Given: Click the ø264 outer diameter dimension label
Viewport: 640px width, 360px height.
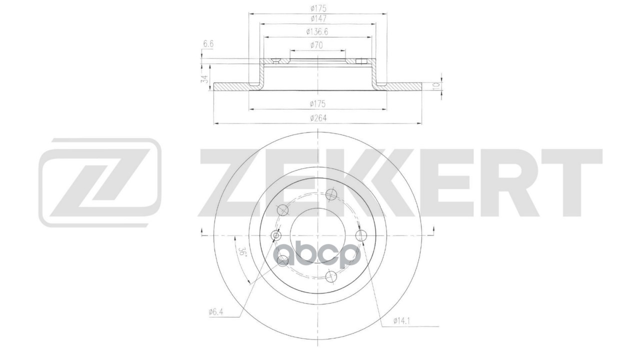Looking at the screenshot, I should point(318,118).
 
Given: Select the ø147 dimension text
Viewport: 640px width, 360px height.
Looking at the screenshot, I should point(318,18).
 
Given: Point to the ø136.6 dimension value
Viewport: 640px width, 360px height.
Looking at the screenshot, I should point(318,32).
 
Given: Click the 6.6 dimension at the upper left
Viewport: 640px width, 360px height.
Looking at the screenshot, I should point(208,44).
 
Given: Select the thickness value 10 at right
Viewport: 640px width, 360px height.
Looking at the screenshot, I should point(436,85).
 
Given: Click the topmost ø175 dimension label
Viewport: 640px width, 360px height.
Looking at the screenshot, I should point(318,7).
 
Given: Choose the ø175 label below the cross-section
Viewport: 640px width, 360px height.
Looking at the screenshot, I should point(318,104).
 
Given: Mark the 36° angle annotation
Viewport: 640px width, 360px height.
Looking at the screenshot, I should point(243,252).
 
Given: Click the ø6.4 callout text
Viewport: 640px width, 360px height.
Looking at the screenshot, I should point(216,312).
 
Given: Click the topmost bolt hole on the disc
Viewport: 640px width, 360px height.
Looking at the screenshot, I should point(329,194).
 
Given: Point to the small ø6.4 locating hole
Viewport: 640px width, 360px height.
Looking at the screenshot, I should point(275,235).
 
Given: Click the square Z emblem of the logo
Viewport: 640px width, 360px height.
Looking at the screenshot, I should point(100,182).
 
